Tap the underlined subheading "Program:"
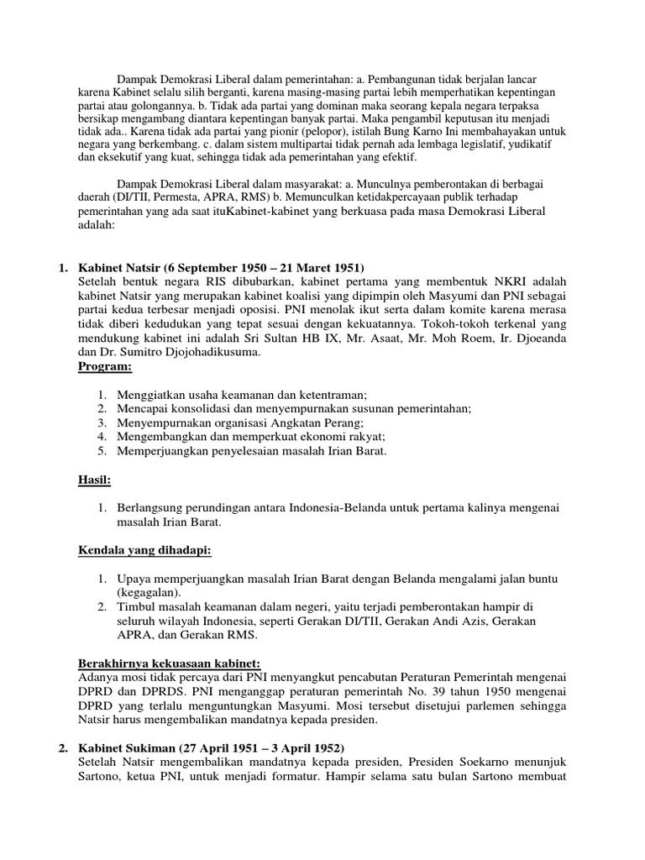(x=105, y=367)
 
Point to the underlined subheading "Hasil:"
(x=94, y=480)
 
